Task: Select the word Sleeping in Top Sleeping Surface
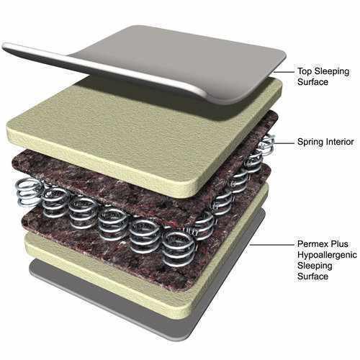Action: pos(332,72)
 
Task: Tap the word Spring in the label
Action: pos(309,142)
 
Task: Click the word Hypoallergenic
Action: pos(328,255)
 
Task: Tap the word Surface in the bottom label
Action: pos(312,276)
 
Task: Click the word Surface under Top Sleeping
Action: pos(312,82)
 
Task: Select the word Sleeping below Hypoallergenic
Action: pos(315,266)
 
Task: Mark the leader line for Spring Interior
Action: pos(284,143)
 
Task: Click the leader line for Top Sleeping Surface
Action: pos(284,72)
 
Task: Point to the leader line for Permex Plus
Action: pos(271,245)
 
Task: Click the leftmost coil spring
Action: pos(28,192)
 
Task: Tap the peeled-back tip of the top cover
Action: pos(5,46)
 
